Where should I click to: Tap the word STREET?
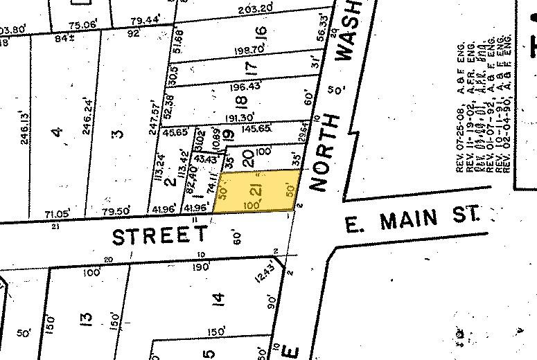coord(160,236)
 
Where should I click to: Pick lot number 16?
coord(261,33)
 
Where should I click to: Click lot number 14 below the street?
coord(219,299)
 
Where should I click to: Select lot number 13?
coord(87,319)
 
